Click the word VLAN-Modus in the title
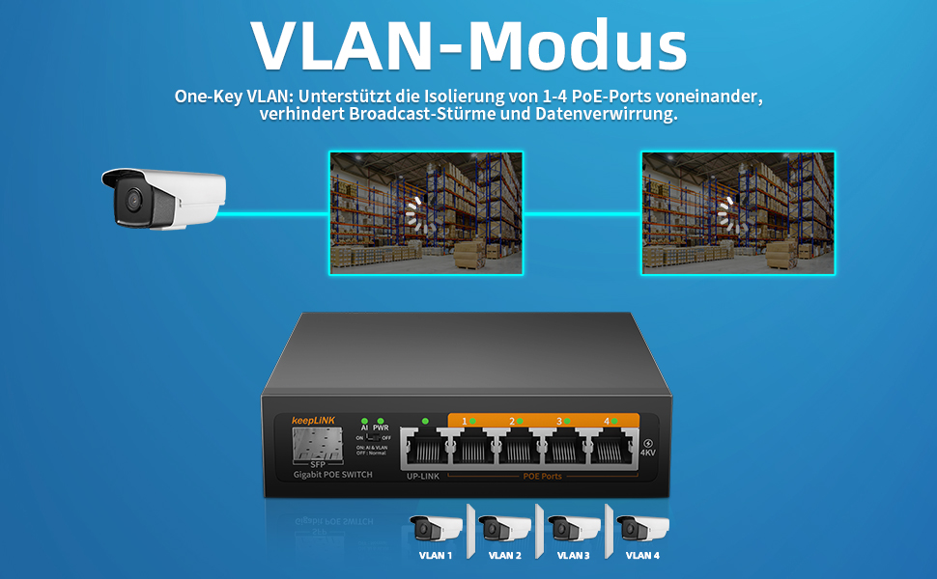[468, 45]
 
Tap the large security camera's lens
[128, 200]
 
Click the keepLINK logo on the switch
[312, 421]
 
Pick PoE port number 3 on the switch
[568, 451]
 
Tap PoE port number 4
[615, 451]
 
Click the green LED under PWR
[381, 422]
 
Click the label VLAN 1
[436, 555]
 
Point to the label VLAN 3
[573, 555]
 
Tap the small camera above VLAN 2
[503, 528]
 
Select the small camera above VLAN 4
[641, 528]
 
